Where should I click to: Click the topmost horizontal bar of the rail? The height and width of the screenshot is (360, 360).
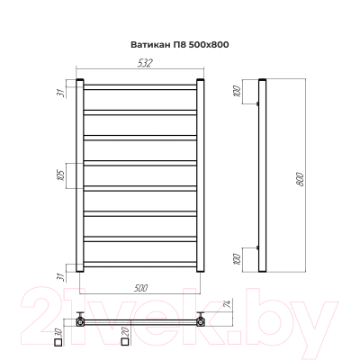(x=139, y=87)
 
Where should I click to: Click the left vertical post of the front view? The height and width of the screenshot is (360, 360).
(x=81, y=175)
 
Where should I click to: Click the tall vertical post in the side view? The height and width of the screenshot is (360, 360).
(x=263, y=175)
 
